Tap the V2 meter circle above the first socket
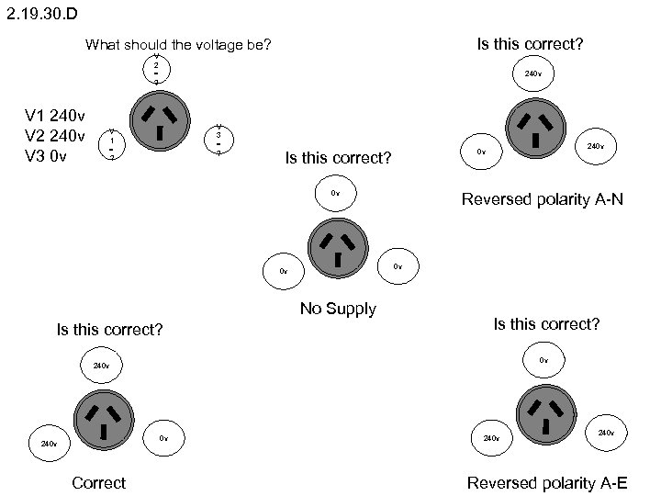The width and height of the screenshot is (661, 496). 156,71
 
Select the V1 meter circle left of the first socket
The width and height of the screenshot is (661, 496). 111,142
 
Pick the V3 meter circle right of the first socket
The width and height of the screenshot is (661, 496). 218,139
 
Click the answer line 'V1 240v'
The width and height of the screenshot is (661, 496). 56,117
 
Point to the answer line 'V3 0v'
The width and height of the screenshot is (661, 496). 46,156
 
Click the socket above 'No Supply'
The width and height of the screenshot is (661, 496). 338,249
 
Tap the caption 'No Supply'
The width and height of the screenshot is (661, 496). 338,309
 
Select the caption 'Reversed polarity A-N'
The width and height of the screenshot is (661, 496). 543,198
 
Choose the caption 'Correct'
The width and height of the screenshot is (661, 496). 98,483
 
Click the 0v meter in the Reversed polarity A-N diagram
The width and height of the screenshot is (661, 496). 481,151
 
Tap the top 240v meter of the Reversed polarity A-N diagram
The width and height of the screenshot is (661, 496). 532,73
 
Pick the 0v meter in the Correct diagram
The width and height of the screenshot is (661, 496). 163,439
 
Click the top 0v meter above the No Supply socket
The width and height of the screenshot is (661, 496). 335,194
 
